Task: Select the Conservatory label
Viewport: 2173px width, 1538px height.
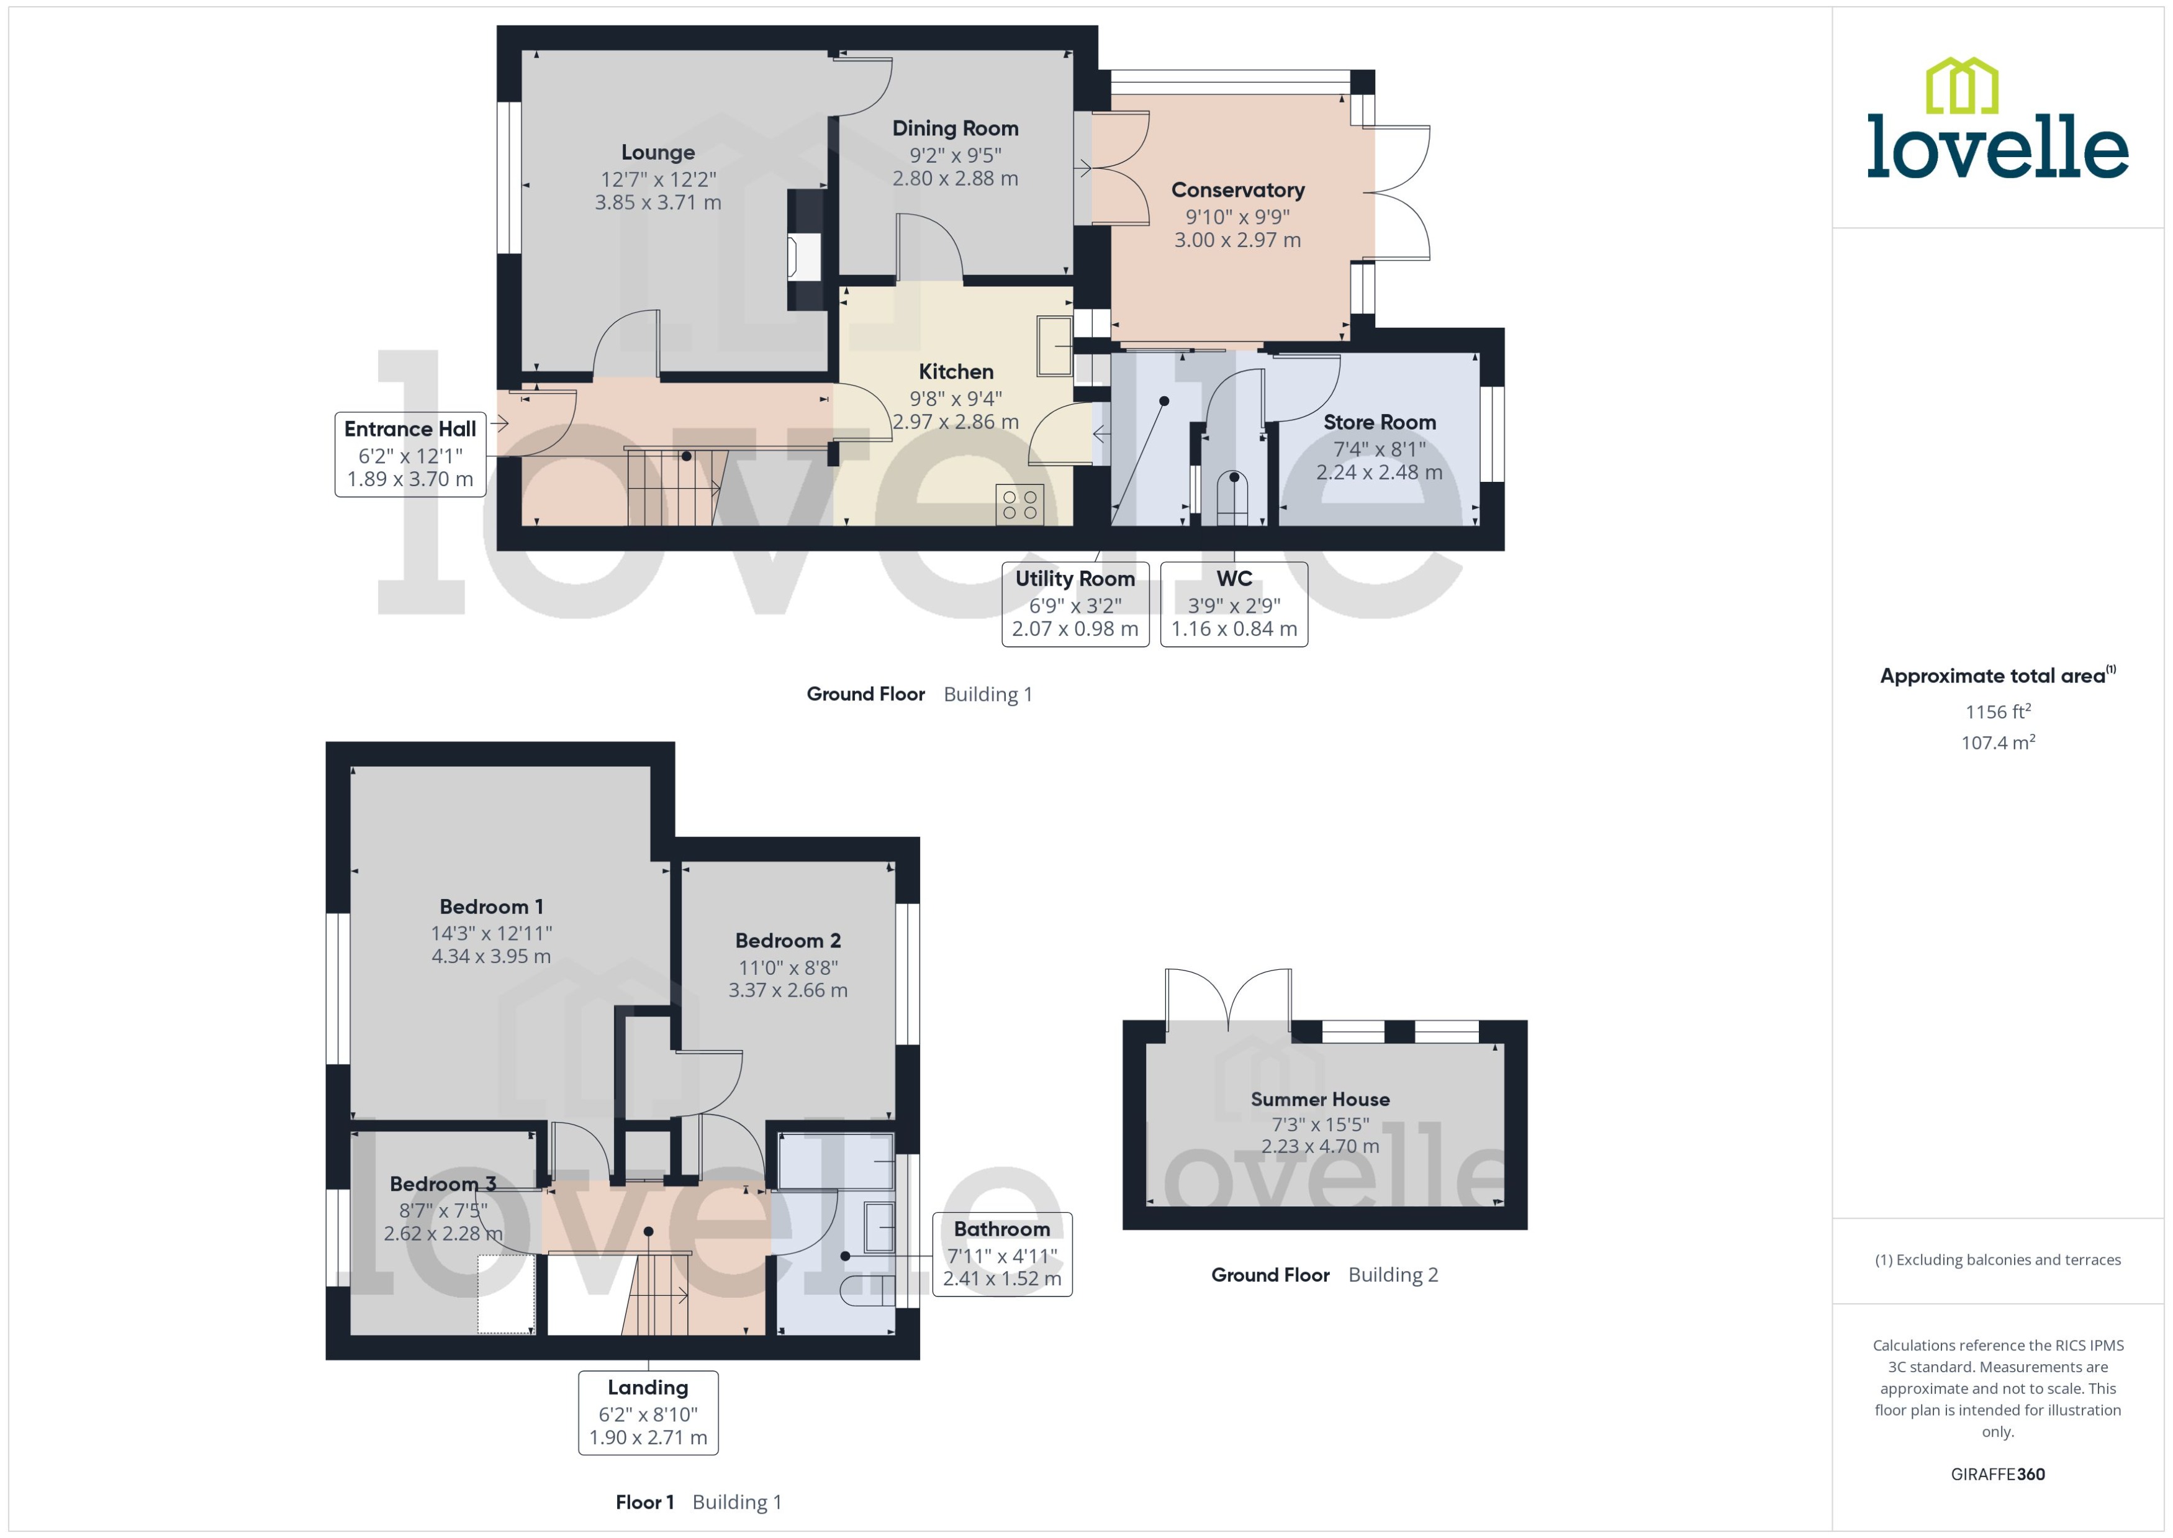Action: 1237,191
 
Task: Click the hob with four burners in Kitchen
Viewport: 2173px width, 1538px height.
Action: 1019,504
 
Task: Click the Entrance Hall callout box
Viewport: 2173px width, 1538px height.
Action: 410,455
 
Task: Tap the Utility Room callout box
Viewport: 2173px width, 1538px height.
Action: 1075,604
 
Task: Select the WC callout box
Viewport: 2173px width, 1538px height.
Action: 1233,604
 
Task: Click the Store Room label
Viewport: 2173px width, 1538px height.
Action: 1378,422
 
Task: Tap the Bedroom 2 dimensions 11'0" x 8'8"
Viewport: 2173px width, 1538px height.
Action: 788,967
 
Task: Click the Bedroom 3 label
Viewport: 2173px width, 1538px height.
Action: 442,1184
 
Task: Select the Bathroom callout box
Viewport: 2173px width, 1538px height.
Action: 1002,1254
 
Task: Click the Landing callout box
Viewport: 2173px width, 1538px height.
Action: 648,1412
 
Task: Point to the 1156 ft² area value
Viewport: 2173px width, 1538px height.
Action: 1997,711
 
